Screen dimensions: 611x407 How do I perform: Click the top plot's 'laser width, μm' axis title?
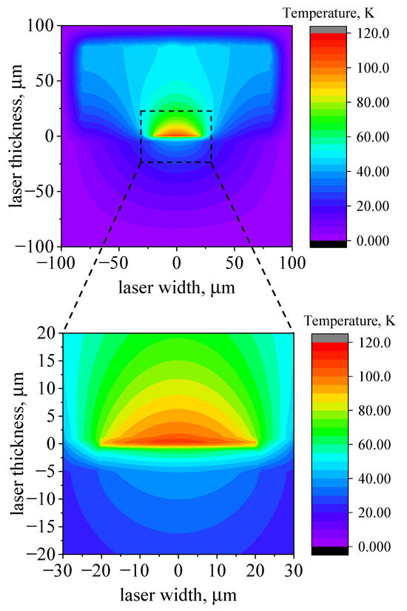176,287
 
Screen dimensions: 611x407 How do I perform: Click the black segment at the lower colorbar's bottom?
328,550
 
